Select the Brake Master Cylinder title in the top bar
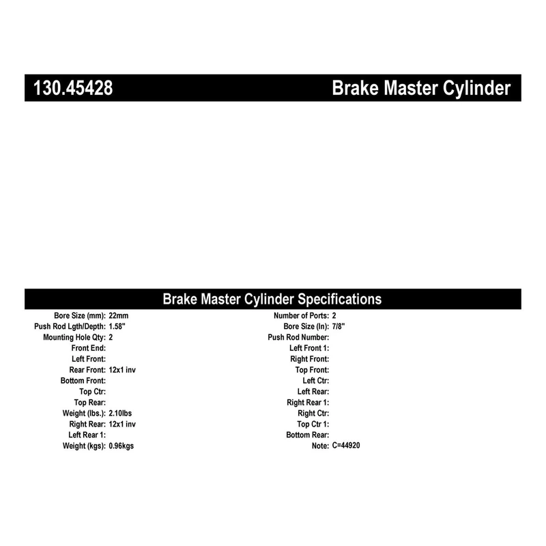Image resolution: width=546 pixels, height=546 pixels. (421, 89)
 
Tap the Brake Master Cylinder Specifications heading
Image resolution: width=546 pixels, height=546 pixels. (272, 299)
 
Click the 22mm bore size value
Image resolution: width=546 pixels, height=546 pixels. (119, 315)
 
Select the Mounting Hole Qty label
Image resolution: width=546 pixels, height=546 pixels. (74, 337)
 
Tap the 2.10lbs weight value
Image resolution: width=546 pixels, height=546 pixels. (120, 413)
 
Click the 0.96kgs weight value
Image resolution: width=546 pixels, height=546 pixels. (121, 446)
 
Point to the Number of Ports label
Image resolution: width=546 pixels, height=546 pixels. (301, 315)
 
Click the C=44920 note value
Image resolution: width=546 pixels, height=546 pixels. (346, 446)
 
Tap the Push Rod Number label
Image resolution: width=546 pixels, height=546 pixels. (298, 337)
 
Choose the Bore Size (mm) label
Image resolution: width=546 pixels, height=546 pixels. (80, 315)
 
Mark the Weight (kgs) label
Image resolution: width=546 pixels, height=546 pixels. (84, 446)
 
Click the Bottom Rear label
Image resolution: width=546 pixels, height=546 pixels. (308, 435)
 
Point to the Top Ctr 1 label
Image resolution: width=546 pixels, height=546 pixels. (311, 424)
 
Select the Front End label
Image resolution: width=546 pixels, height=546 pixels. (88, 347)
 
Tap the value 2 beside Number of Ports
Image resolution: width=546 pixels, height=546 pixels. (334, 315)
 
